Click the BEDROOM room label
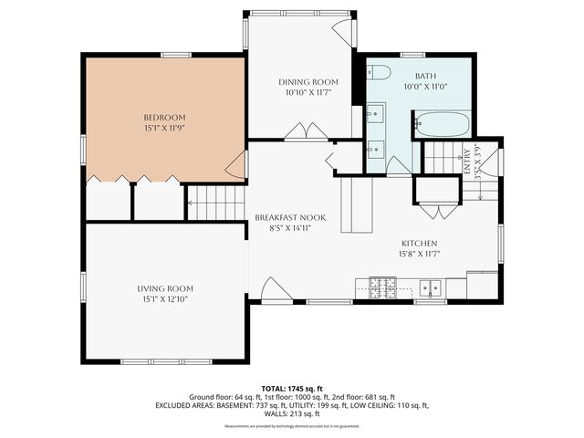click(164, 118)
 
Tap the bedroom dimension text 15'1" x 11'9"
click(164, 129)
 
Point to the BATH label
click(426, 77)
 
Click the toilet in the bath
click(380, 73)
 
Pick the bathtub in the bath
click(441, 123)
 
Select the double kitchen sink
click(431, 287)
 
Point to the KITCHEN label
click(420, 243)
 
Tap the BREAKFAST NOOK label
click(290, 217)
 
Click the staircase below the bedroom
click(216, 203)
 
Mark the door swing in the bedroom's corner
click(236, 166)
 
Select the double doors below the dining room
click(306, 132)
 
